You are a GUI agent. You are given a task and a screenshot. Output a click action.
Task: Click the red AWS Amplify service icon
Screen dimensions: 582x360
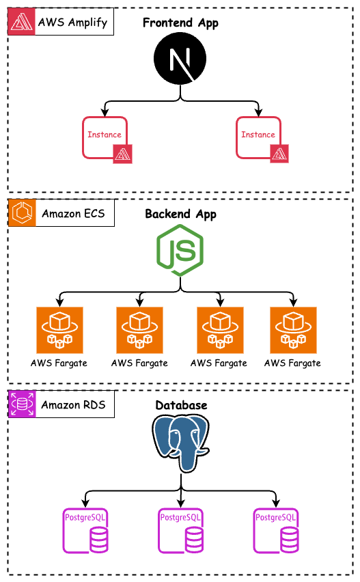21,22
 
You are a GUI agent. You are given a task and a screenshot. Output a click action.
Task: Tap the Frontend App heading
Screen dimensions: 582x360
180,23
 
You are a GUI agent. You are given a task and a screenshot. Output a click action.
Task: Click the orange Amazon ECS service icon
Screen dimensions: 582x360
21,213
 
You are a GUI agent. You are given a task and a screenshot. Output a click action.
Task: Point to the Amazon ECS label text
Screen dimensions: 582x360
73,214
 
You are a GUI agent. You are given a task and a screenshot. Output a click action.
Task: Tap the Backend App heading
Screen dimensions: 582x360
180,214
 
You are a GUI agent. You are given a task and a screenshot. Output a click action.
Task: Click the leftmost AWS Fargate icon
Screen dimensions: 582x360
59,329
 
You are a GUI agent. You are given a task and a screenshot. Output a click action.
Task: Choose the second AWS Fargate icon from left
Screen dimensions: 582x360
139,329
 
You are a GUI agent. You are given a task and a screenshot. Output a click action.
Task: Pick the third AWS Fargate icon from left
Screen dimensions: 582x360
220,329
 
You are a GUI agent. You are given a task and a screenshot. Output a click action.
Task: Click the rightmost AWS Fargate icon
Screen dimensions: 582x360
293,329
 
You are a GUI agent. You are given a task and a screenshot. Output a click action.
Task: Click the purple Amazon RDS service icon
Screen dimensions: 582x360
21,404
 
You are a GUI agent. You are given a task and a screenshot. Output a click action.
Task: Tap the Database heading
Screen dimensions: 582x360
180,406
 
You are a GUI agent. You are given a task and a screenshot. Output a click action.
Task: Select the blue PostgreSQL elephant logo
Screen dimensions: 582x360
180,444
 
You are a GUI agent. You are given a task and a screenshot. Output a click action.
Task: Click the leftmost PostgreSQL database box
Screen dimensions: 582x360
85,531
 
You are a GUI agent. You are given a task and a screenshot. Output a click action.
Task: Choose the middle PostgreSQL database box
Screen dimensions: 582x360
180,531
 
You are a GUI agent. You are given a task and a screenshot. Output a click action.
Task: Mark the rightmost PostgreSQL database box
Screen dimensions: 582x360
276,531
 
